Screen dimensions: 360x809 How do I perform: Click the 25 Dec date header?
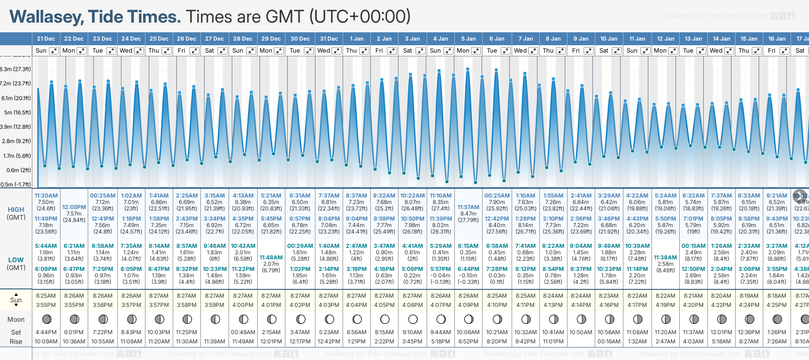pos(159,39)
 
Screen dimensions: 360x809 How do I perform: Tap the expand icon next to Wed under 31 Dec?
pos(337,51)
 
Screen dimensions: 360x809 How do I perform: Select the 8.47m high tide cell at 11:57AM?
pos(468,214)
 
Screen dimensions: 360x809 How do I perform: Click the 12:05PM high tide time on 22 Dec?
pos(74,207)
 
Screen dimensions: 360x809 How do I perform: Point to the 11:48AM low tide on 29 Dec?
pos(271,258)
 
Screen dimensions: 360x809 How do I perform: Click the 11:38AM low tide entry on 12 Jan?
pos(665,258)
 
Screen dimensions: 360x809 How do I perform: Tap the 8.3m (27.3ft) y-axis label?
pos(16,69)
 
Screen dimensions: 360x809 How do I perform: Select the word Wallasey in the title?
pos(46,17)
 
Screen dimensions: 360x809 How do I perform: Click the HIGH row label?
pos(16,210)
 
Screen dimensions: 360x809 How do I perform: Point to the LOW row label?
pos(16,260)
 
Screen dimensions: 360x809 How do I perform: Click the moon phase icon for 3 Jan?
pos(413,319)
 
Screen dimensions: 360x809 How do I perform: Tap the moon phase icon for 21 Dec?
pos(46,319)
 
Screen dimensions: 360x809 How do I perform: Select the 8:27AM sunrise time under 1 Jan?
pos(356,296)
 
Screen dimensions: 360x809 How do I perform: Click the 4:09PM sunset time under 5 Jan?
pos(468,305)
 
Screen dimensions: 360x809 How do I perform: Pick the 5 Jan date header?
pos(468,39)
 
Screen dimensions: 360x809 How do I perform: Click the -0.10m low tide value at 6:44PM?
pos(468,276)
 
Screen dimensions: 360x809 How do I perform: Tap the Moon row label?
pos(16,319)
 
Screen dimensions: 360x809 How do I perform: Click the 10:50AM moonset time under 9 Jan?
pos(581,332)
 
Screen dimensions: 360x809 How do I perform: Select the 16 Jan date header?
pos(777,39)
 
